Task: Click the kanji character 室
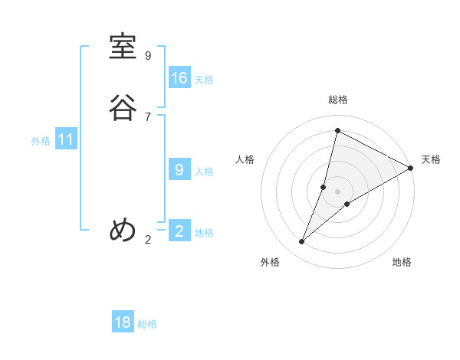click(x=123, y=47)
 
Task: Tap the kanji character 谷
click(x=123, y=107)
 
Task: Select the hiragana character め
click(x=123, y=230)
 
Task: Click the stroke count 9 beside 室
click(x=148, y=56)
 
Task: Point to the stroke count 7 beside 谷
click(x=148, y=116)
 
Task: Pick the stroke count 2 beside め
click(x=148, y=240)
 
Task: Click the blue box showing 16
click(x=179, y=78)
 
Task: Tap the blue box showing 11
click(x=66, y=140)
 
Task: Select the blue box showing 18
click(x=123, y=322)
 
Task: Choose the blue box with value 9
click(x=179, y=170)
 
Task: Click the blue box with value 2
click(x=179, y=231)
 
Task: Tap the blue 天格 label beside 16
click(x=204, y=80)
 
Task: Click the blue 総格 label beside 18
click(x=147, y=324)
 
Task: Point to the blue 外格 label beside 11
click(x=41, y=141)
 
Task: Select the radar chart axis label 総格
click(x=337, y=100)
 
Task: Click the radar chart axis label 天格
click(x=431, y=159)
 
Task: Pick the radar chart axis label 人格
click(x=245, y=159)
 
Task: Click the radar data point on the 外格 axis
click(x=302, y=242)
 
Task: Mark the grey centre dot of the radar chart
click(x=337, y=191)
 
